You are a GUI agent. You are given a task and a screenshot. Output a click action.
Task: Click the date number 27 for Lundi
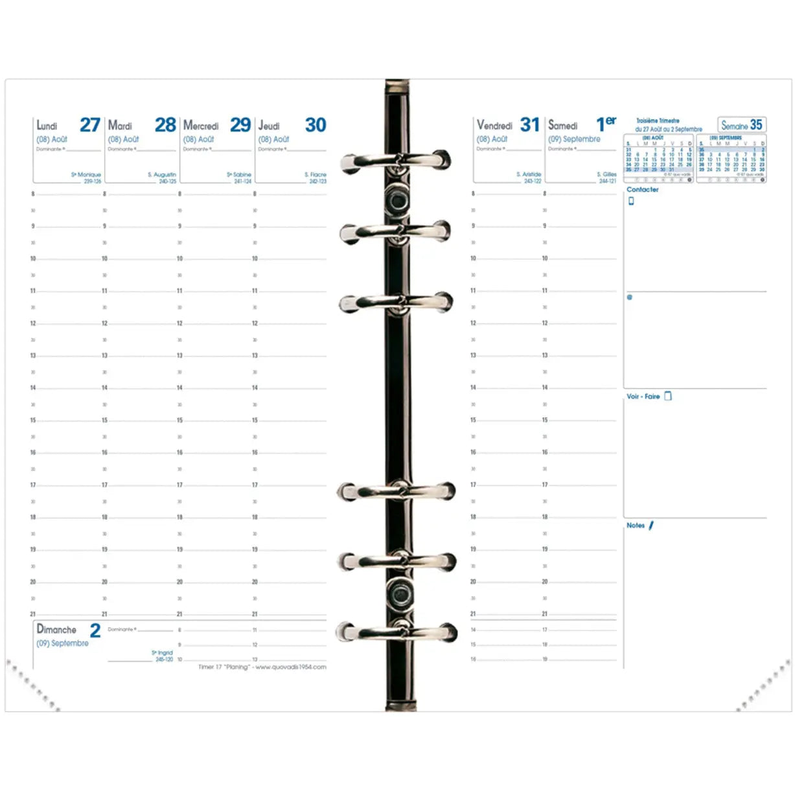click(x=89, y=124)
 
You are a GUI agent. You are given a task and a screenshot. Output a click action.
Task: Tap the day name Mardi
click(x=120, y=126)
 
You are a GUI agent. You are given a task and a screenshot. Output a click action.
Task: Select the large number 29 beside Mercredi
click(x=240, y=124)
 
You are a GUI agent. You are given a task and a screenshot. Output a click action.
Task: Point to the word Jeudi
click(x=269, y=126)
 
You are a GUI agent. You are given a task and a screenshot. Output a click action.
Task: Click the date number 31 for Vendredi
click(x=529, y=124)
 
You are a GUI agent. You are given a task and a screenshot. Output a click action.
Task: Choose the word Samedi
click(x=562, y=126)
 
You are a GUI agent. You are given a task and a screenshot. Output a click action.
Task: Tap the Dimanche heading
click(x=56, y=629)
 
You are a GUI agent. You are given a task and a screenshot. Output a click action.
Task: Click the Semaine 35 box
click(x=741, y=125)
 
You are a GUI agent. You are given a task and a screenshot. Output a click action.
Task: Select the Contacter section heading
click(x=642, y=190)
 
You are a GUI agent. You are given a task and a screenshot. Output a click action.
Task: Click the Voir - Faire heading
click(x=643, y=397)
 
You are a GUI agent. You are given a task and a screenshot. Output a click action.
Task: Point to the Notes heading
click(x=635, y=525)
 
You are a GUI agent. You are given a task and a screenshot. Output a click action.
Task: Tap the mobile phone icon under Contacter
click(x=631, y=201)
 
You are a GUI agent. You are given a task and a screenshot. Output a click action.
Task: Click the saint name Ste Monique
click(x=86, y=175)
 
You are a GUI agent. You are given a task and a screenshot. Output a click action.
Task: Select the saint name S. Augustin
click(x=162, y=175)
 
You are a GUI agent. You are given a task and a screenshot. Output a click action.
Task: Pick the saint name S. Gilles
click(x=607, y=175)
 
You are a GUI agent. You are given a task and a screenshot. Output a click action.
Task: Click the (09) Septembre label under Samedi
click(x=574, y=139)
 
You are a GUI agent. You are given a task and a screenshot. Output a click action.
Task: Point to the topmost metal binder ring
click(x=396, y=161)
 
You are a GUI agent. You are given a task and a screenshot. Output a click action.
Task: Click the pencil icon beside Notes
click(x=651, y=525)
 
